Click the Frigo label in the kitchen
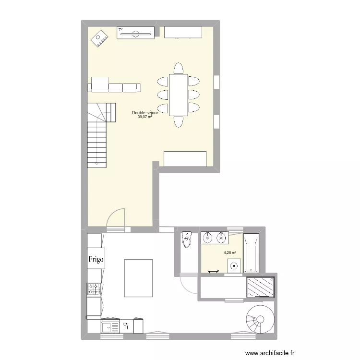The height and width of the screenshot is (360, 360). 95,260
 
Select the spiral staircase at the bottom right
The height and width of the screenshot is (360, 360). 259,319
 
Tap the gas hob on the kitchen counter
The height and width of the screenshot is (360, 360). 94,288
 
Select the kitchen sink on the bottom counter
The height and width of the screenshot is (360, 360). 110,326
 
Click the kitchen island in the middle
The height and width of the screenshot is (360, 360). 138,277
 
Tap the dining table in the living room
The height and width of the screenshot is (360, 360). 178,94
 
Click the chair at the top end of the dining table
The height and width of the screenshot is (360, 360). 178,68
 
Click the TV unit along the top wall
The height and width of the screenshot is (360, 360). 136,32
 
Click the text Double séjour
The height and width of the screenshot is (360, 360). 145,113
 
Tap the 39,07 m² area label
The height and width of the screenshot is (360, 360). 145,117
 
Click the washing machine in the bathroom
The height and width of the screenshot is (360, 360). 234,265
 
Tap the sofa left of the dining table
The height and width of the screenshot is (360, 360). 116,86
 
